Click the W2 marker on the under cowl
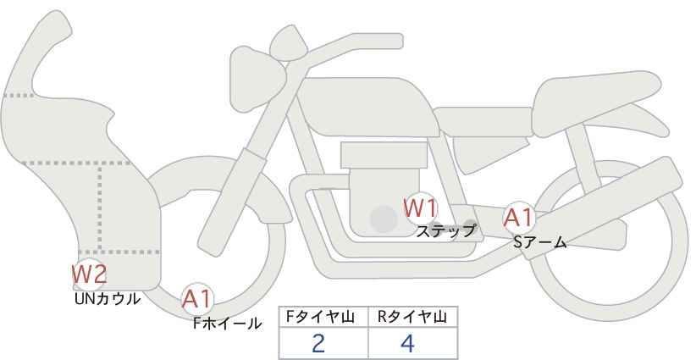click(x=89, y=274)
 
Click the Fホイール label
click(x=227, y=323)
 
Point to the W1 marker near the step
click(x=420, y=208)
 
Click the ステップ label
click(x=445, y=230)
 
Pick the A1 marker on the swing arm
click(x=518, y=218)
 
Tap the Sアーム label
click(x=539, y=242)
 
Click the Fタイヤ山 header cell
click(x=323, y=317)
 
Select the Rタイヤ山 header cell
click(x=412, y=317)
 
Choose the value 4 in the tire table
click(x=407, y=343)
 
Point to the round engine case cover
click(x=384, y=219)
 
